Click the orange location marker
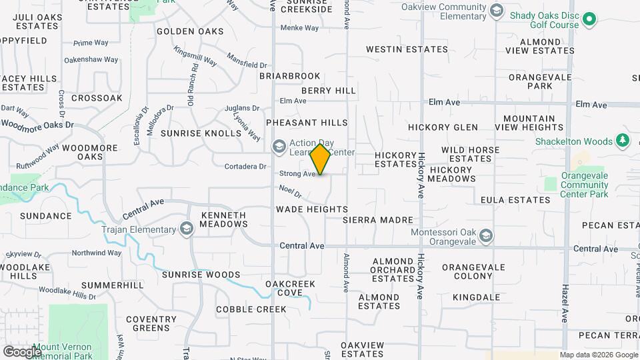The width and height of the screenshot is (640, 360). pos(321,159)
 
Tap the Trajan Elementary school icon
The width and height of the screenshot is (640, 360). pos(187,230)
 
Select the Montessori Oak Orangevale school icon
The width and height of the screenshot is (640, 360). pos(487,236)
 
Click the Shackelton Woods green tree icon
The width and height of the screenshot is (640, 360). pos(623,141)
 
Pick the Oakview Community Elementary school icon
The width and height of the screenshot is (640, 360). pos(496,10)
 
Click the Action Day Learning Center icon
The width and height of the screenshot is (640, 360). pos(279,146)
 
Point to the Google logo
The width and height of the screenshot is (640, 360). pos(22,351)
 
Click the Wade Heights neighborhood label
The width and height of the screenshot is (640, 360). pos(312,209)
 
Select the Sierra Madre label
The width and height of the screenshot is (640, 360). pos(378,220)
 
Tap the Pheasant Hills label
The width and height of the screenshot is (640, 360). pos(307,123)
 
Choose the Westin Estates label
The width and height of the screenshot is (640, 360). pos(407,49)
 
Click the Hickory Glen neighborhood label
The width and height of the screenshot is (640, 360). pos(443,127)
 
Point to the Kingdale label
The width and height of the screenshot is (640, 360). pos(476,297)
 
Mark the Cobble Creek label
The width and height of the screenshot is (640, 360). pos(251,309)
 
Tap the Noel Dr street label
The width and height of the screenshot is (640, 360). pos(291,192)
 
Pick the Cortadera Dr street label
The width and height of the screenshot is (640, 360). pos(245,167)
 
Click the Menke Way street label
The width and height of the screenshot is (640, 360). pos(299,28)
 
